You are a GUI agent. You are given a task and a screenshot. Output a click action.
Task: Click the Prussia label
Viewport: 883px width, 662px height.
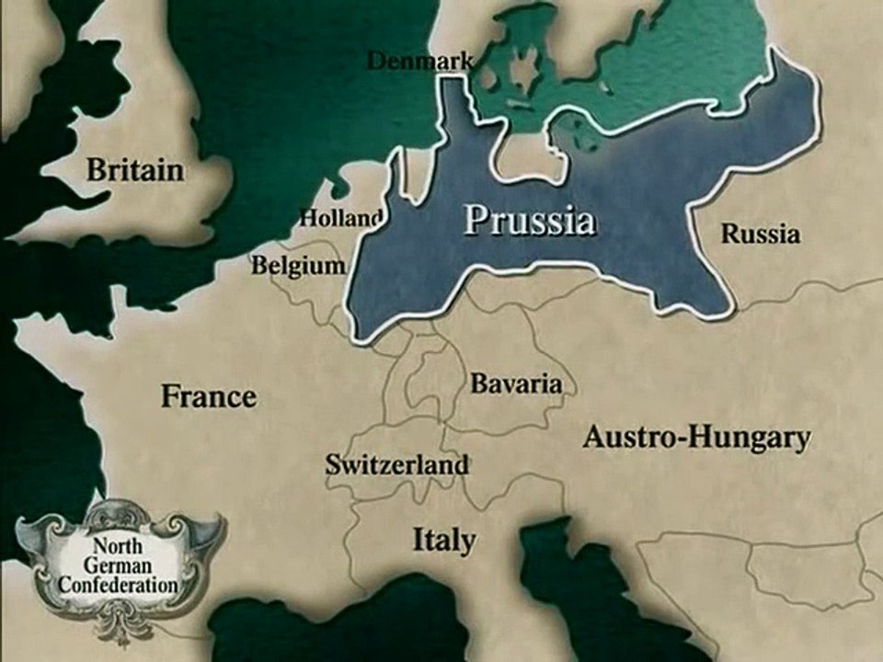tap(529, 221)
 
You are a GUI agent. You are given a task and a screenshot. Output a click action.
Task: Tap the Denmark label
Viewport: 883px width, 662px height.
tap(420, 62)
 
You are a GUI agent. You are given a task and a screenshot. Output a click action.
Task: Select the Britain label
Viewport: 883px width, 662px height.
tap(135, 170)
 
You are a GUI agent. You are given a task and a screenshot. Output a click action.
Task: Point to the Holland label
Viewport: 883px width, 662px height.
tap(340, 219)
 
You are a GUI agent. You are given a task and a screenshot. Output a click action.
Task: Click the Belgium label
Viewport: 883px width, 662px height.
tap(298, 266)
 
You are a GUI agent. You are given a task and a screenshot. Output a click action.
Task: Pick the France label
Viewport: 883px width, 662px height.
tap(209, 397)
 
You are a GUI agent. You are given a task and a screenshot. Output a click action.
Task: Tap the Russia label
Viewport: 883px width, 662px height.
tap(760, 234)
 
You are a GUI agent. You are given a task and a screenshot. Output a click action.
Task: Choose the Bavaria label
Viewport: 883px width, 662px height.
tap(516, 383)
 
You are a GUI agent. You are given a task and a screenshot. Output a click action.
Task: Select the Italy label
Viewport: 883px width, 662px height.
tap(443, 539)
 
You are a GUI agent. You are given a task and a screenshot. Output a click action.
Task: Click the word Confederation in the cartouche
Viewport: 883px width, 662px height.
tap(117, 581)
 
